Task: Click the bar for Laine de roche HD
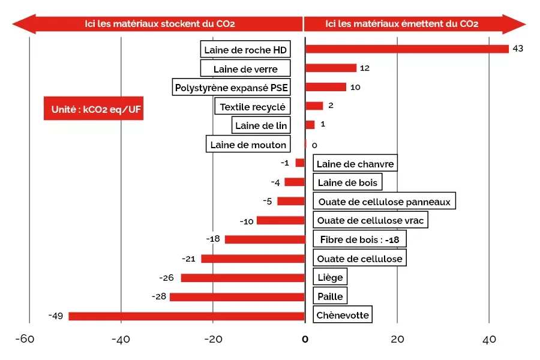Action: pos(407,49)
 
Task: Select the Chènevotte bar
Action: pos(187,316)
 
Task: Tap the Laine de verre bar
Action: pos(331,68)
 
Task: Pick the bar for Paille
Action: pos(237,297)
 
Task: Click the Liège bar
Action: pos(243,278)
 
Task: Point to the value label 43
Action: pos(518,49)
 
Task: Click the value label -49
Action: pos(56,316)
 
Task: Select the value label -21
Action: pos(188,259)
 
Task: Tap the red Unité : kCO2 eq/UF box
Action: pos(93,109)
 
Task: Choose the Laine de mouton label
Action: pos(248,145)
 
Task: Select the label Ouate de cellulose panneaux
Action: pos(384,202)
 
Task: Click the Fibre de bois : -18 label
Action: pos(359,239)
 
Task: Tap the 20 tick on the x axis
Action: pos(397,340)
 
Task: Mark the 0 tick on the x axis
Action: pos(305,340)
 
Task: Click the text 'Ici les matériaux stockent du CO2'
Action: pos(159,24)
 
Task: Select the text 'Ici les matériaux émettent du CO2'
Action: pos(401,24)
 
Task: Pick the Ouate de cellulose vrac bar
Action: pos(281,221)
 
